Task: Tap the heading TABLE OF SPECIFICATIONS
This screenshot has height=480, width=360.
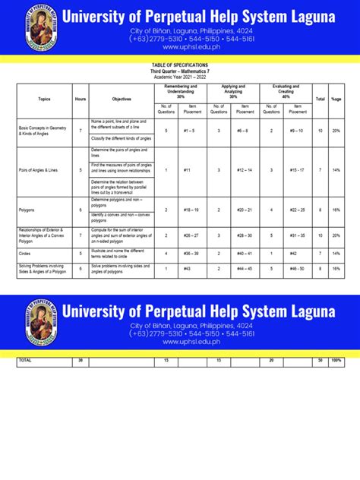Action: pyautogui.click(x=179, y=66)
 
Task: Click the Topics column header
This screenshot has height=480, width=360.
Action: pyautogui.click(x=43, y=99)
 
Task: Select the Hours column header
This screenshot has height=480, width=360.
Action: pyautogui.click(x=81, y=99)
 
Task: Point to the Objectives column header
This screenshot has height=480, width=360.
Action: pyautogui.click(x=122, y=99)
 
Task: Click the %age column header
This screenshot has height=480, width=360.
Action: pyautogui.click(x=336, y=99)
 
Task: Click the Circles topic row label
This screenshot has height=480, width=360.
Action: pyautogui.click(x=28, y=254)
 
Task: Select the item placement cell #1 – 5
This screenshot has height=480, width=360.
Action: pyautogui.click(x=196, y=131)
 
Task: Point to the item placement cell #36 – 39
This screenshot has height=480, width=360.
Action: pyautogui.click(x=196, y=254)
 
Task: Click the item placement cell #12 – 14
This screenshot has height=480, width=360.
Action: pyautogui.click(x=244, y=170)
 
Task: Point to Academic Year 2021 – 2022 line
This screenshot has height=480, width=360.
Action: pyautogui.click(x=179, y=77)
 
